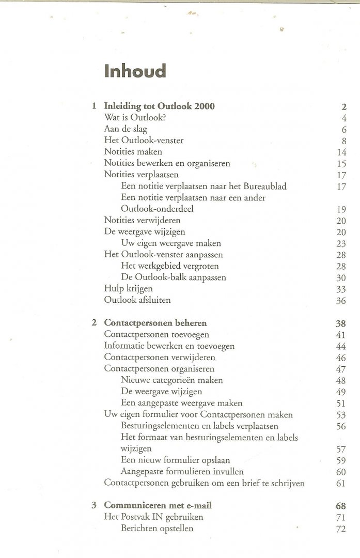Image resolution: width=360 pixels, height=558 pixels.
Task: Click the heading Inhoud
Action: pyautogui.click(x=135, y=71)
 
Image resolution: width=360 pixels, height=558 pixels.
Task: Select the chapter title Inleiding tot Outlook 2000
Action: pyautogui.click(x=159, y=106)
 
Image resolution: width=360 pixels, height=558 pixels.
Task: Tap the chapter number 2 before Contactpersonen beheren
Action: pyautogui.click(x=94, y=323)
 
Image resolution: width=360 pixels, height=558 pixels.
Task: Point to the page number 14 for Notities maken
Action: pyautogui.click(x=341, y=152)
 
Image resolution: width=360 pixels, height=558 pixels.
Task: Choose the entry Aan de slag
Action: pyautogui.click(x=126, y=129)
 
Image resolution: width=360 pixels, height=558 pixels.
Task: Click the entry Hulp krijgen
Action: pyautogui.click(x=128, y=289)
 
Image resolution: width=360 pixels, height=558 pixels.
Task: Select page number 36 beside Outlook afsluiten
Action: pyautogui.click(x=341, y=300)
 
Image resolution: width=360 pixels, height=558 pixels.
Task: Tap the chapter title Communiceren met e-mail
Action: pyautogui.click(x=158, y=505)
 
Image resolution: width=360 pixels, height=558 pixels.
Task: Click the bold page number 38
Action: pyautogui.click(x=340, y=323)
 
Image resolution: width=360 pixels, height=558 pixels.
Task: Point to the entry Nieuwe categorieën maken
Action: pyautogui.click(x=171, y=380)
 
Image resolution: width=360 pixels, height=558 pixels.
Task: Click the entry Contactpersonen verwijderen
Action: pyautogui.click(x=160, y=358)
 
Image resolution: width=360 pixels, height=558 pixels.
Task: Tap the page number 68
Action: pyautogui.click(x=340, y=506)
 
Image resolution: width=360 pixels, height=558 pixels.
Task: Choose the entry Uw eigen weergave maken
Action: pyautogui.click(x=170, y=243)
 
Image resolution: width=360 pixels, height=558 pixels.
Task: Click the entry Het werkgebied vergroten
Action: pyautogui.click(x=169, y=266)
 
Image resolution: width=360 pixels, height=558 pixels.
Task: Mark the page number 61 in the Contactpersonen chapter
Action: pyautogui.click(x=341, y=483)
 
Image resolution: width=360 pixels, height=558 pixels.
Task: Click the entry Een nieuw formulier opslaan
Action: pyautogui.click(x=175, y=460)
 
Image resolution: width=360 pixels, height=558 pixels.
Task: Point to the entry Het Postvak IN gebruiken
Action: pyautogui.click(x=153, y=517)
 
